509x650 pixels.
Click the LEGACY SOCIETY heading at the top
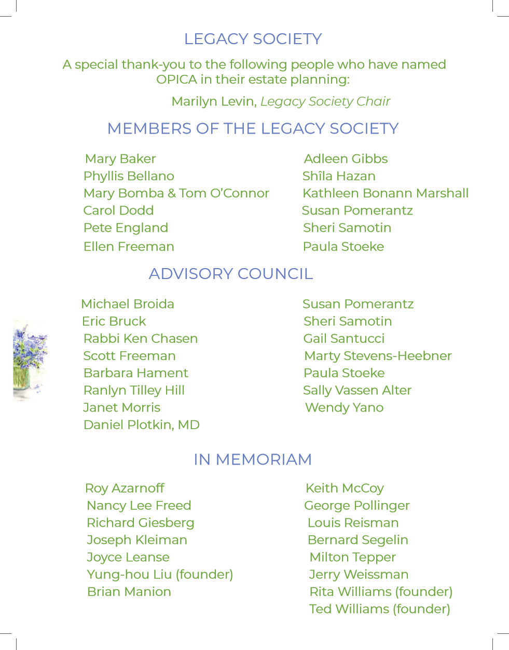(253, 39)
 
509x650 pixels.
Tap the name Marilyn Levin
(214, 101)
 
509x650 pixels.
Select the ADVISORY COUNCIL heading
(231, 274)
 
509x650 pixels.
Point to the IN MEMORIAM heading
(253, 459)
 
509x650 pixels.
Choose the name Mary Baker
(120, 159)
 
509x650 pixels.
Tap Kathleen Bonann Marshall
(386, 193)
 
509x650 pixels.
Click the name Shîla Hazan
(339, 176)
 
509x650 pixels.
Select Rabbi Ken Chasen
(141, 339)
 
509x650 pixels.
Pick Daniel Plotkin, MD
(142, 425)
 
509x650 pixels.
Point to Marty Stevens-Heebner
(378, 356)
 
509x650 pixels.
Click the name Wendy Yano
(344, 408)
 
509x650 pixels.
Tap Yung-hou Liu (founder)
(160, 575)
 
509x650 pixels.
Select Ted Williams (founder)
(379, 609)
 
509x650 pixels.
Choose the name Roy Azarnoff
(125, 488)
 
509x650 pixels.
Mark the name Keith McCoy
(345, 488)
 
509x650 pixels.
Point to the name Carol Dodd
(118, 210)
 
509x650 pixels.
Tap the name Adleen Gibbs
(346, 159)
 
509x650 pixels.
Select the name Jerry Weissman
(359, 575)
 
